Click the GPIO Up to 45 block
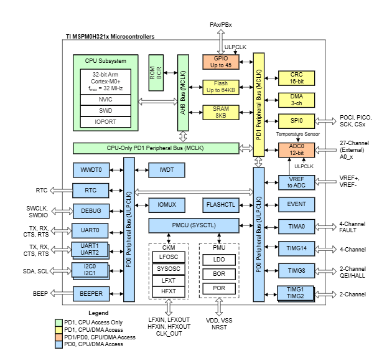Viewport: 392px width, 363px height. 221,62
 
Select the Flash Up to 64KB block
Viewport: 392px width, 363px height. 221,87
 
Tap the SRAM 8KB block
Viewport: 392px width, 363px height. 221,112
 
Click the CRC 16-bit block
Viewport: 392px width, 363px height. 296,78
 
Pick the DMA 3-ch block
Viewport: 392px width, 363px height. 296,100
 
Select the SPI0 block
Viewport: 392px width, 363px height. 296,121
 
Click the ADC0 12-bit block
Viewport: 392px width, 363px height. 296,150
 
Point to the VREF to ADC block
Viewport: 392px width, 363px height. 296,182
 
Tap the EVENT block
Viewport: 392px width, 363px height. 296,204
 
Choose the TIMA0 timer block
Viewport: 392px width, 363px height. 296,227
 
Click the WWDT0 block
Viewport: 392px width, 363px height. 91,169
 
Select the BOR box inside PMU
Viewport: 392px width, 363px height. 218,273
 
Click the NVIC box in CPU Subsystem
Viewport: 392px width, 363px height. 105,98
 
